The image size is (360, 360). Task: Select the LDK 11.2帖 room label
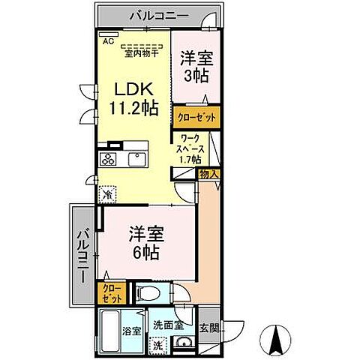tap(136, 97)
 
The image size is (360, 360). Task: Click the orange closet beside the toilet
tap(111, 292)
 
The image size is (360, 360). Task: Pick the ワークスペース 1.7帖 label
tap(191, 148)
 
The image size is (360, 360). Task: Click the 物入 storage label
tap(208, 174)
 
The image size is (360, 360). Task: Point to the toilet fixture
tap(149, 292)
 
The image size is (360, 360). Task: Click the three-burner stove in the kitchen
tap(107, 159)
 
